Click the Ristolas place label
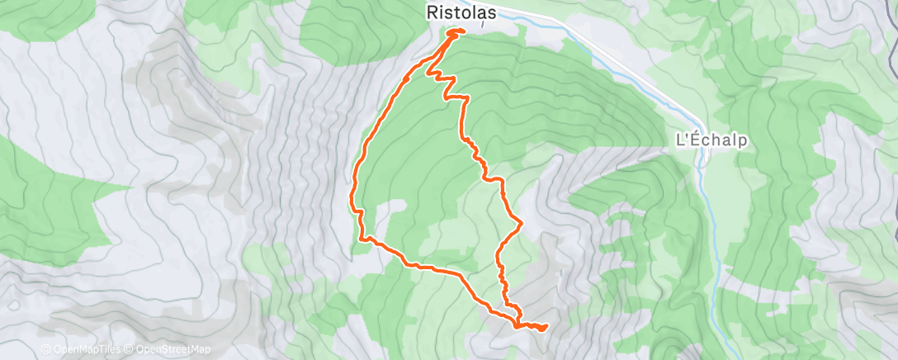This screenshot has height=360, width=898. pos(461,12)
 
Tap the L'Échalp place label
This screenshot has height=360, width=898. pos(711,140)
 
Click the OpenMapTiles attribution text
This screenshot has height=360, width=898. pos(87,350)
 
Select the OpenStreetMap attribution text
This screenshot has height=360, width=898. pos(173,350)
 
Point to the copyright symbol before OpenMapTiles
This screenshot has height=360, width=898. pos(46,350)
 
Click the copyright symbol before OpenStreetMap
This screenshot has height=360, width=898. pos(132,350)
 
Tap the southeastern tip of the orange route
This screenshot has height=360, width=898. pos(546,327)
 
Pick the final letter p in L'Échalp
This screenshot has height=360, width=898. pos(742,141)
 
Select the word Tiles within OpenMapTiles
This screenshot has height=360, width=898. pos(111,350)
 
